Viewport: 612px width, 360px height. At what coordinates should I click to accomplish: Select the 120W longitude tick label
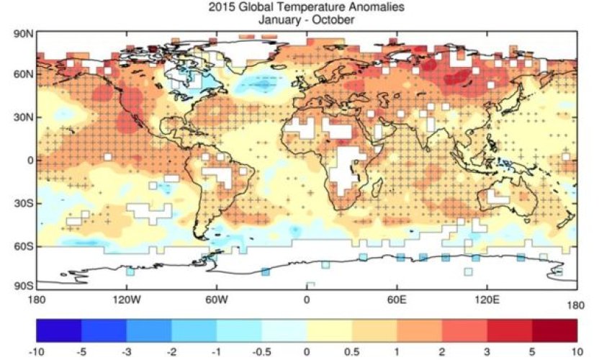126,300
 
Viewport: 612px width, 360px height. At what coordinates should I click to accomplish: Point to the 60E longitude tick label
397,300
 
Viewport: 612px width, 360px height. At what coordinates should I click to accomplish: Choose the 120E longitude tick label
487,300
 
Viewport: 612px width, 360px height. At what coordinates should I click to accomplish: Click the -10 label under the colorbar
36,353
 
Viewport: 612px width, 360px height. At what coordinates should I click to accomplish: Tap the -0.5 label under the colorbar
261,353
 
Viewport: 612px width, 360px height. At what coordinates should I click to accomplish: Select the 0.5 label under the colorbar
351,353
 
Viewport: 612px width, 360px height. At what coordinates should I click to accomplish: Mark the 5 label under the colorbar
532,353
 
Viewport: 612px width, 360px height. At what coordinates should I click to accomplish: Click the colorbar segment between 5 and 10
554,330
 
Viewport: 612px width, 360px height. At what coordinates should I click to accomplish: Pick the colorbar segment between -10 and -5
58,330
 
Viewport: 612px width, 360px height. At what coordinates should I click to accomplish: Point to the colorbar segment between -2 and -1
194,330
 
